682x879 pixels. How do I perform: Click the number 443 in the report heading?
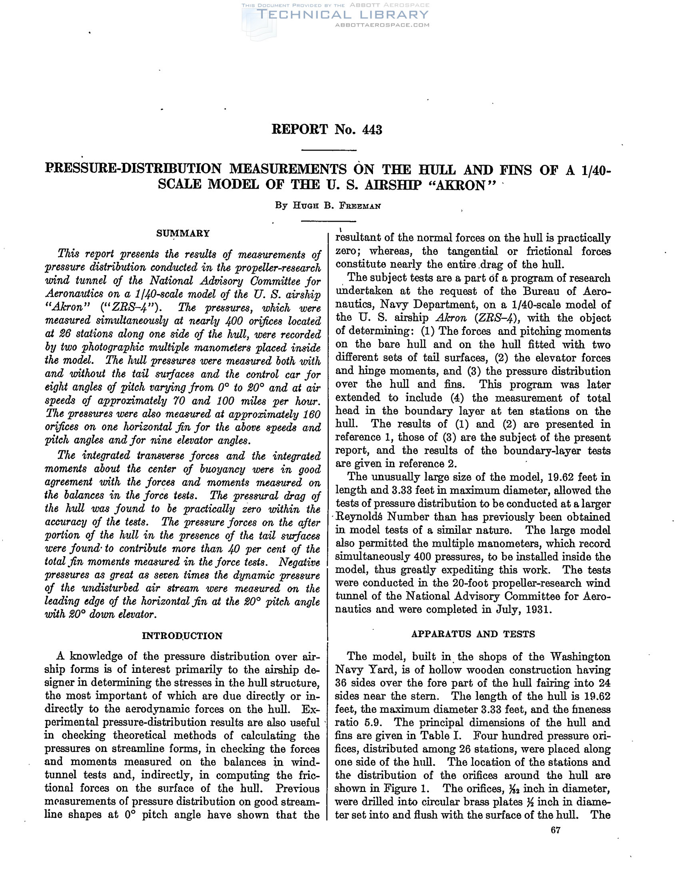pos(372,129)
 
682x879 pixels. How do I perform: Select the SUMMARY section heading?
pos(183,233)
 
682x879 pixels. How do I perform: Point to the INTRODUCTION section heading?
pos(182,636)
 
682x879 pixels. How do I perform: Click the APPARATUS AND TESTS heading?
pos(473,634)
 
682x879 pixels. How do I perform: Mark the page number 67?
pos(555,830)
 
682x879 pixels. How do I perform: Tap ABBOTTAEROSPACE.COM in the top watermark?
pos(382,25)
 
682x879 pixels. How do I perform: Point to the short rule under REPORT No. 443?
pos(329,151)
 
